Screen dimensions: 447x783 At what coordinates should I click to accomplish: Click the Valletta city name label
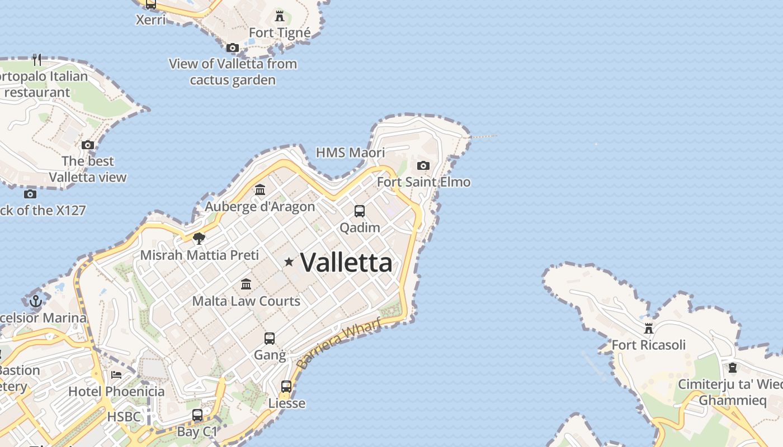(346, 263)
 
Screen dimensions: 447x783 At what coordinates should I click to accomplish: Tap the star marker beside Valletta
(289, 261)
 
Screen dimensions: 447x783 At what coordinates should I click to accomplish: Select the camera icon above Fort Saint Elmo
(423, 165)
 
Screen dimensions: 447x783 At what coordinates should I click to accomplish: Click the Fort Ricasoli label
(648, 345)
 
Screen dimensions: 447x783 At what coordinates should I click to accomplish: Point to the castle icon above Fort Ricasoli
(649, 328)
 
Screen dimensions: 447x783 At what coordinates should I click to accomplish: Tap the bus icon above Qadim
(360, 211)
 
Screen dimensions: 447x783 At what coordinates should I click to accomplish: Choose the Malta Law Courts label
(246, 301)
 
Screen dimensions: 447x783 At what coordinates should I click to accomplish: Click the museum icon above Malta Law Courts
(246, 284)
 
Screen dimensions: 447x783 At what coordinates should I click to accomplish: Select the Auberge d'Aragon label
(260, 207)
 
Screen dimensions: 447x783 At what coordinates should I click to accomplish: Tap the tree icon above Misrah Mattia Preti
(199, 239)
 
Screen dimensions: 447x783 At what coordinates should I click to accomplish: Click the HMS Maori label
(351, 153)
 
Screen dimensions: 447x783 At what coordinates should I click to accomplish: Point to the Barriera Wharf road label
(339, 343)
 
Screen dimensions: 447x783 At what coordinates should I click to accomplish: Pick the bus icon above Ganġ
(270, 339)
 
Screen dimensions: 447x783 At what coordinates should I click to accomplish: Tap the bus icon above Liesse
(286, 387)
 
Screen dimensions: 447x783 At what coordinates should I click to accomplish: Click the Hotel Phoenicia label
(116, 391)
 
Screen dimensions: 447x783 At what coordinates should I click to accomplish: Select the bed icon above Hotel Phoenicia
(116, 374)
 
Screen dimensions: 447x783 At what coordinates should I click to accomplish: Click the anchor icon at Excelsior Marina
(36, 301)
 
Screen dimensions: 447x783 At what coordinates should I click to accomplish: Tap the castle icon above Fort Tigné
(280, 16)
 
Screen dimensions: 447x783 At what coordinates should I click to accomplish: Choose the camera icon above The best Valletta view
(88, 145)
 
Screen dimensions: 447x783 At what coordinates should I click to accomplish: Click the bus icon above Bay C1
(197, 415)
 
